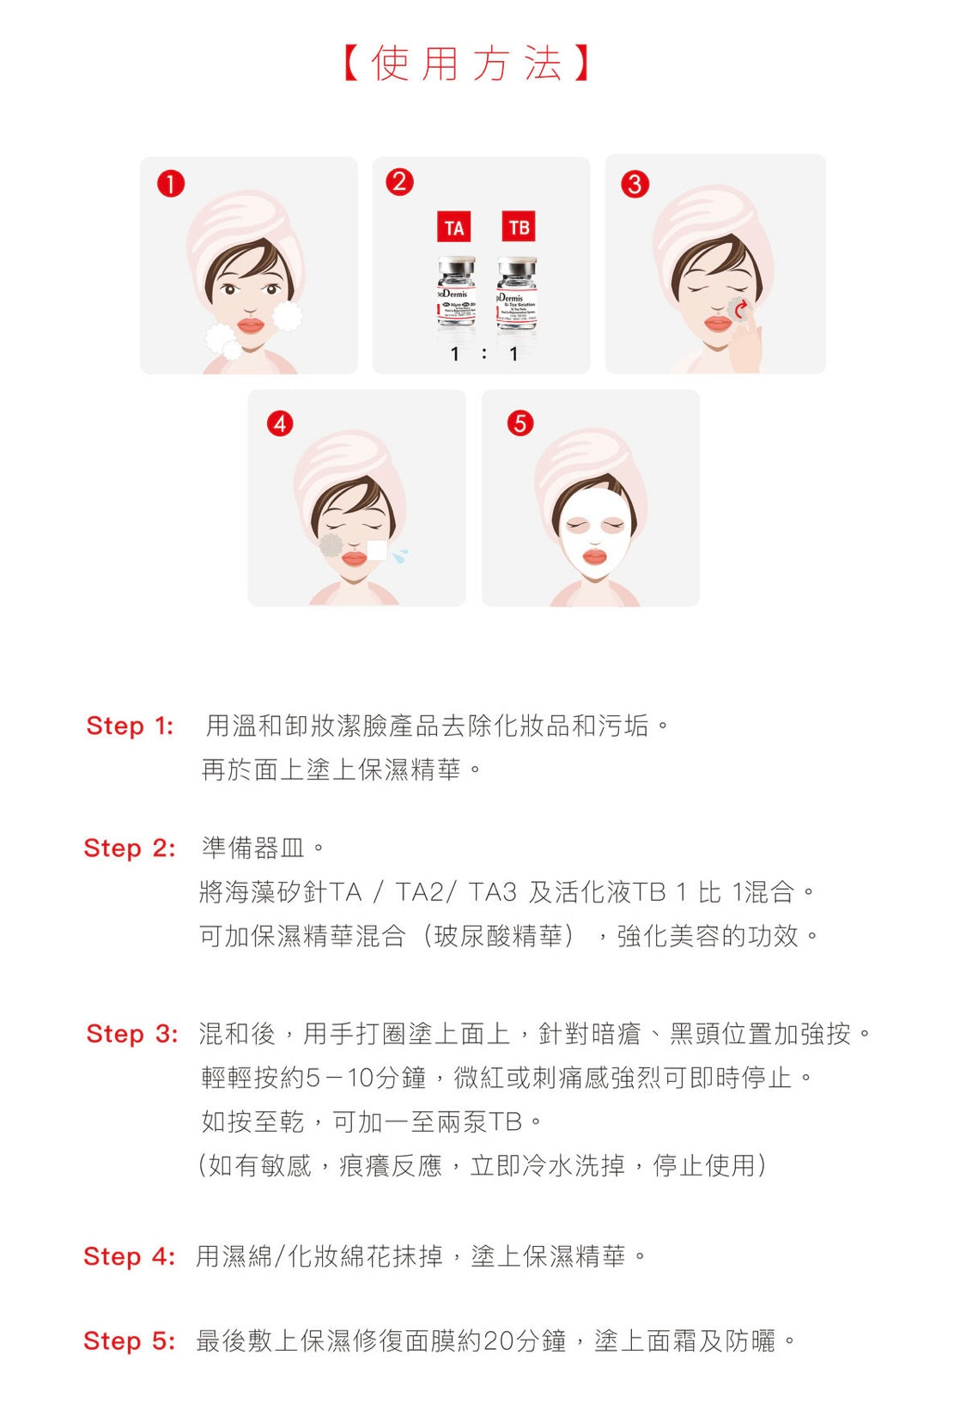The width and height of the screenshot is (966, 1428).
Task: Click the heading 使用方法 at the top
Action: (x=467, y=64)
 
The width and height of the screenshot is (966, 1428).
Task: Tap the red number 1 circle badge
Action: (x=171, y=184)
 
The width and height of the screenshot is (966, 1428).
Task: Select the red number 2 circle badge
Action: (x=399, y=182)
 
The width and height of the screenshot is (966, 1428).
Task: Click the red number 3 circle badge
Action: (x=635, y=184)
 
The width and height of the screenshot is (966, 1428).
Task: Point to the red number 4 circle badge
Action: (x=280, y=423)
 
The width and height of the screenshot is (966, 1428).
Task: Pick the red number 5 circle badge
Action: (x=519, y=422)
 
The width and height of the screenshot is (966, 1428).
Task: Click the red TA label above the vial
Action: (x=454, y=228)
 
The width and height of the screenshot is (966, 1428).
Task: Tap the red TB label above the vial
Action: (x=518, y=227)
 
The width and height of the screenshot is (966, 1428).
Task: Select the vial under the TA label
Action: (x=456, y=293)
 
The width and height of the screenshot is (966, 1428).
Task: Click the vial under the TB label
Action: (x=517, y=293)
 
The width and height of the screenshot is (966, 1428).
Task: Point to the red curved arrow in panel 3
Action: (x=740, y=308)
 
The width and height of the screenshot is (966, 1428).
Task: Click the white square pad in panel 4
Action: (x=376, y=550)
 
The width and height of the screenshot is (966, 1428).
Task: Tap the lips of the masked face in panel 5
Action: (x=594, y=557)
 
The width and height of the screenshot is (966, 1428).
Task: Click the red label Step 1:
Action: (x=130, y=726)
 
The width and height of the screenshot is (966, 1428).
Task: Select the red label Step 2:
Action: (x=129, y=848)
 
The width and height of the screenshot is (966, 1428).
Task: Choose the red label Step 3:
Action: (x=131, y=1034)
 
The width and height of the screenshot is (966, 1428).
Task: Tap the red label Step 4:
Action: (x=129, y=1257)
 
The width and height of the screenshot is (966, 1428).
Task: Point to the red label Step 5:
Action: (x=129, y=1341)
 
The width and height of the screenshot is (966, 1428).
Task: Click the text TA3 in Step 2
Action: (x=493, y=893)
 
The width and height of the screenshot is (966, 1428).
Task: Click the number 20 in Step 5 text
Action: (x=498, y=1341)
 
